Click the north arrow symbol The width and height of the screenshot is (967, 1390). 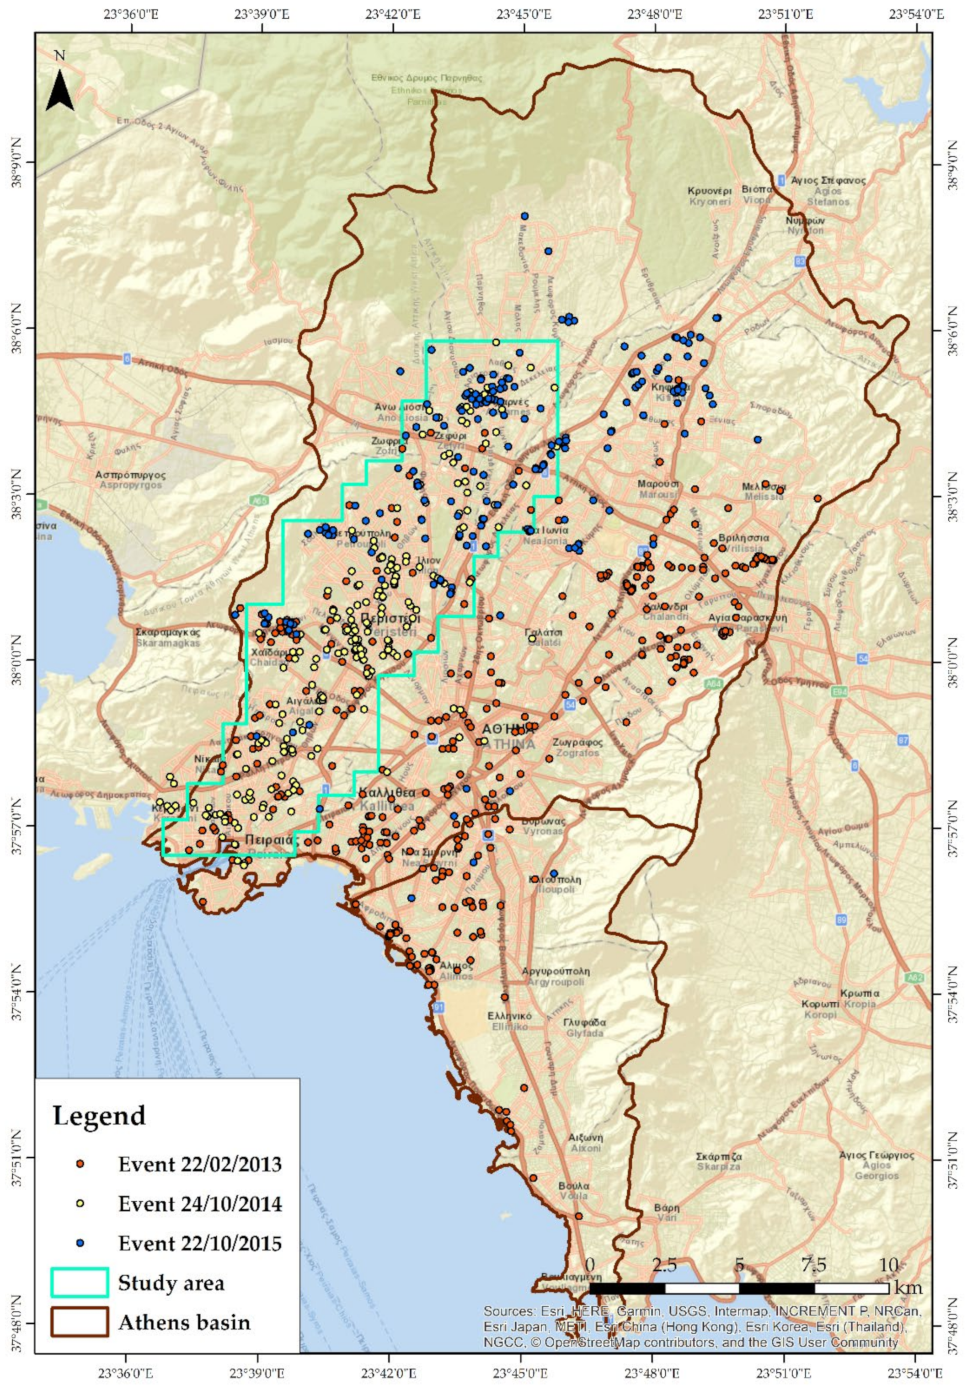[60, 90]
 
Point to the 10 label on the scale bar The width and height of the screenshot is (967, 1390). [888, 1265]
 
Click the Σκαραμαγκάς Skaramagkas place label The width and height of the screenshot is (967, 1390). [168, 636]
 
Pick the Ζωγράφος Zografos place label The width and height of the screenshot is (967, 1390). [577, 747]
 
